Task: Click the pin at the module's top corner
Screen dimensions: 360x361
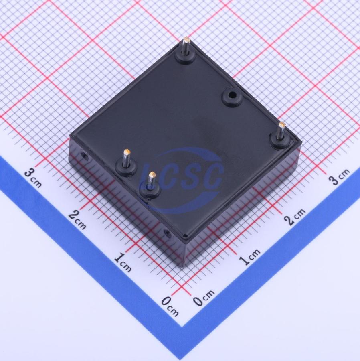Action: click(x=186, y=47)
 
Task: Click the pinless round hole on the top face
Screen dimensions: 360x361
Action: click(x=233, y=95)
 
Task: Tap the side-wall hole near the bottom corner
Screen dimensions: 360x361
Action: click(x=168, y=235)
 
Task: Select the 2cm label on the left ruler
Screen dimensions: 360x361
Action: click(x=77, y=220)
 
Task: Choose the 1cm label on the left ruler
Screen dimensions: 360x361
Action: click(x=123, y=262)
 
